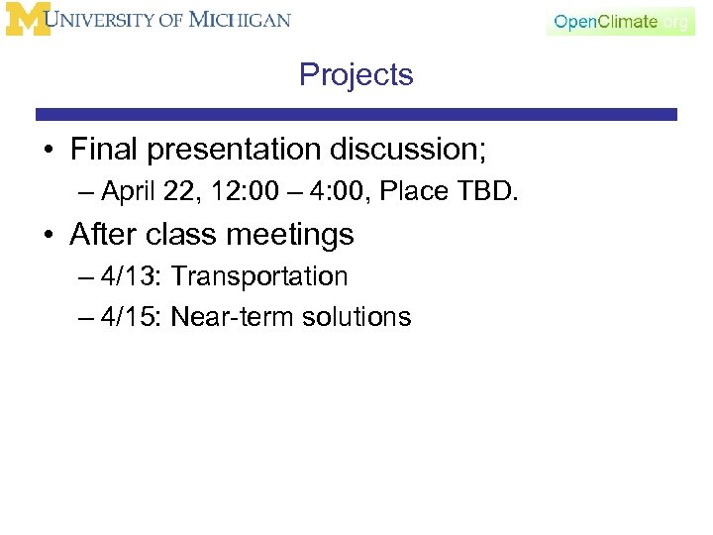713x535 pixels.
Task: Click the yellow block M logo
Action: click(26, 21)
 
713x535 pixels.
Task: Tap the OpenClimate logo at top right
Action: click(619, 22)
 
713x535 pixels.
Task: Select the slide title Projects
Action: click(356, 75)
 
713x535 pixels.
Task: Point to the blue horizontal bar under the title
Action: click(356, 115)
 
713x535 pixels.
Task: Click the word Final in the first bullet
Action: click(106, 150)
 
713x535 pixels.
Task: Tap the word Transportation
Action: click(259, 276)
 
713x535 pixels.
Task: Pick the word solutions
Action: click(355, 317)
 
